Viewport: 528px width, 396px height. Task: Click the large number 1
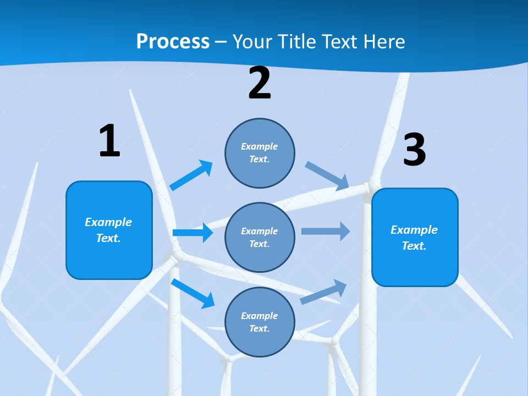click(109, 141)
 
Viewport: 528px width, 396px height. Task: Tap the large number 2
click(260, 83)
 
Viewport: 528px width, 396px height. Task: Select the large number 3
click(414, 150)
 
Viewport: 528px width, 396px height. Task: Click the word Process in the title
click(173, 41)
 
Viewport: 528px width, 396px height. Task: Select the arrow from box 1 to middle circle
click(193, 233)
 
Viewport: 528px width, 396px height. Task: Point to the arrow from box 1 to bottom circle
click(193, 293)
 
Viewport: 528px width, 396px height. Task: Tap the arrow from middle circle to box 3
click(326, 232)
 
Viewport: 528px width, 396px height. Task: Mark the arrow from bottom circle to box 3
click(324, 291)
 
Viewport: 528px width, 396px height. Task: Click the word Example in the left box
click(108, 222)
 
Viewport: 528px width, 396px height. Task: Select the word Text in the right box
click(414, 246)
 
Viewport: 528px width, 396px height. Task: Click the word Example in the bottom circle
click(259, 316)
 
